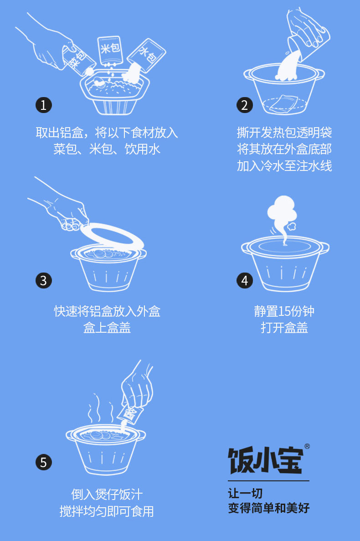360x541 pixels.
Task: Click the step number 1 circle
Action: click(43, 105)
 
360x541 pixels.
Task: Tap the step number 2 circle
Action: click(245, 105)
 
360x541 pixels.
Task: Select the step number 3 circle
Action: click(43, 280)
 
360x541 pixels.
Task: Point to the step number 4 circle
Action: click(245, 280)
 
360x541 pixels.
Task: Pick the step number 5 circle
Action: click(43, 462)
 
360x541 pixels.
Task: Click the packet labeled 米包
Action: click(110, 51)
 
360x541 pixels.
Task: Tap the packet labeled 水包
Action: click(147, 55)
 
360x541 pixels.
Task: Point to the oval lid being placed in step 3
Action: click(112, 237)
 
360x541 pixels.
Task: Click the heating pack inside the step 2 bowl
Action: click(283, 103)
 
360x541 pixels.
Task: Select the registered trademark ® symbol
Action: click(307, 446)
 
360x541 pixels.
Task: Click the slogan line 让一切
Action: click(245, 493)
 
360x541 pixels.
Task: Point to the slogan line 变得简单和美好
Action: click(268, 508)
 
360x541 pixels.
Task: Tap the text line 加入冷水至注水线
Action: click(284, 165)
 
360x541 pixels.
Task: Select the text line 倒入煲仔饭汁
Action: click(107, 495)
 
